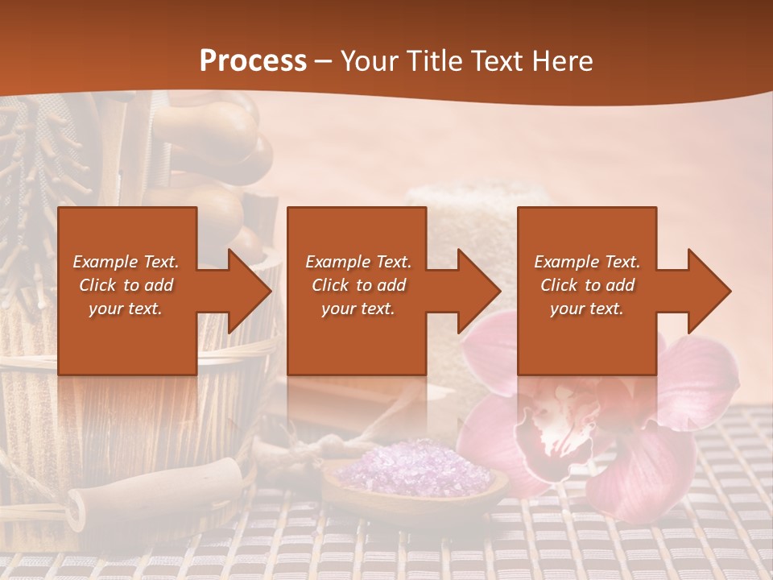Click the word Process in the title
[253, 61]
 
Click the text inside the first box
[126, 285]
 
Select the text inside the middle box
[358, 285]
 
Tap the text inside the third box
[587, 285]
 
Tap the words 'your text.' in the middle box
[358, 309]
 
